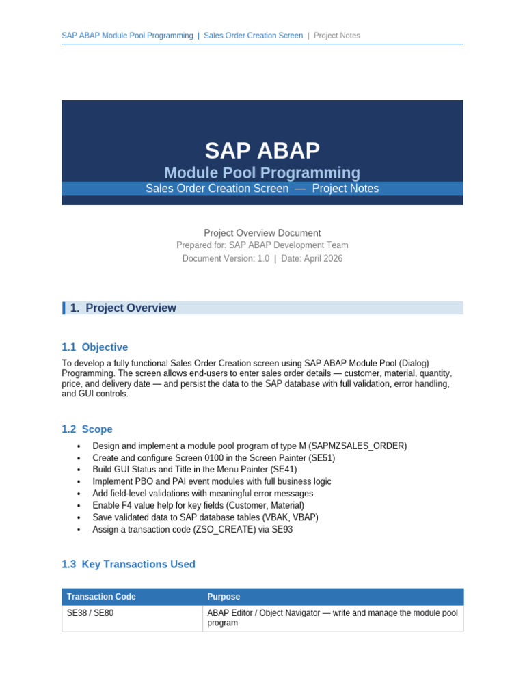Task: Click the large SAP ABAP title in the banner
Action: [262, 150]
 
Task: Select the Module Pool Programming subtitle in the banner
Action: [262, 173]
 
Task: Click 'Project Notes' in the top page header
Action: [336, 36]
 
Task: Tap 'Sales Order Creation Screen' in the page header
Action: [253, 36]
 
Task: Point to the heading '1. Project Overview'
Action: [123, 308]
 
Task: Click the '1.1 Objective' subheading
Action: [94, 347]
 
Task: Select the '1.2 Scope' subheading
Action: [87, 429]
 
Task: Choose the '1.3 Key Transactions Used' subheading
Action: [129, 564]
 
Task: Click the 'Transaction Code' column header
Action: [101, 597]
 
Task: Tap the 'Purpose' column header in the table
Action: [224, 597]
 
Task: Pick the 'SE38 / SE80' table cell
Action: [90, 613]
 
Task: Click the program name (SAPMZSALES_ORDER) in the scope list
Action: [358, 446]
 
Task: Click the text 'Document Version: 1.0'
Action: [226, 259]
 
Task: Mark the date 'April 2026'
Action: [323, 259]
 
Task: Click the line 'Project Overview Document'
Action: [262, 233]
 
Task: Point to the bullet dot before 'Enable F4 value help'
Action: [79, 506]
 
